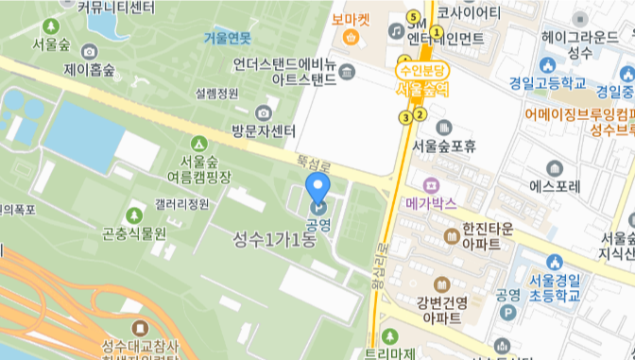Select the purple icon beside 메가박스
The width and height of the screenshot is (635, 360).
pos(432,183)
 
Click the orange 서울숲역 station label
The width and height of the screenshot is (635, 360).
pos(422,89)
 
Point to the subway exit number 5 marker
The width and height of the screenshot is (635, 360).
pos(412,16)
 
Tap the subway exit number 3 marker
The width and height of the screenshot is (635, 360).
pos(405,117)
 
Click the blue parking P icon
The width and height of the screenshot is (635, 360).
pos(510,312)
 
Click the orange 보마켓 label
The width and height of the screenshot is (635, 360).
pos(351,19)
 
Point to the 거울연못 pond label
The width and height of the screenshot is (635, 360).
pos(228,38)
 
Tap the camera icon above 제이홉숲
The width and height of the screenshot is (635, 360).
pos(89,51)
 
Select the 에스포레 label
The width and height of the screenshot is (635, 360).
pos(554,186)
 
